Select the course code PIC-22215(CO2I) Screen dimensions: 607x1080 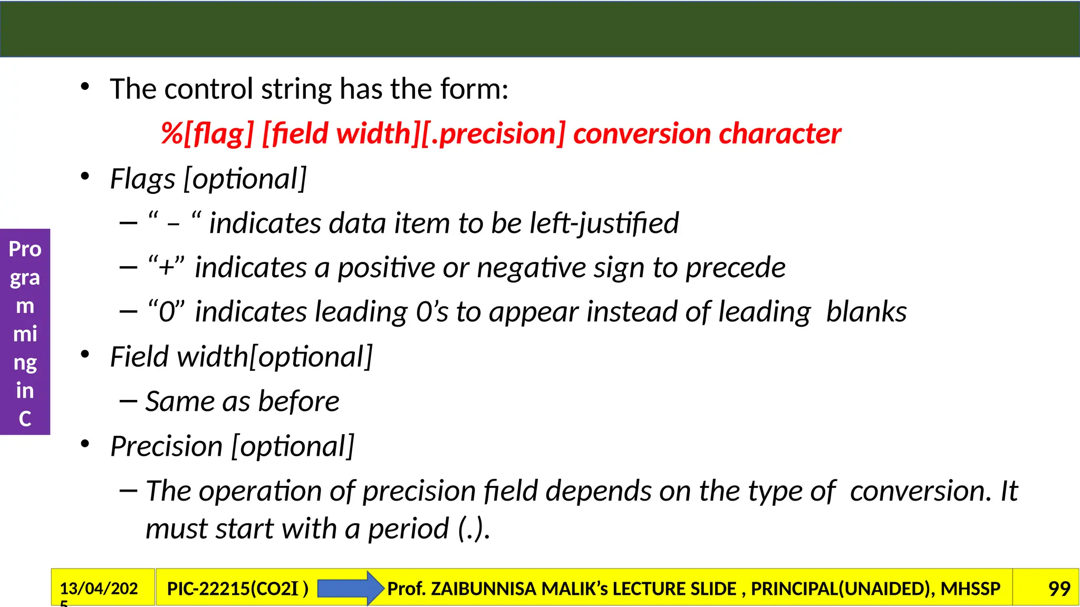coord(237,589)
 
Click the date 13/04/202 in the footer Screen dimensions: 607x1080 coord(99,589)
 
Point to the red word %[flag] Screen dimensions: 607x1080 coord(207,134)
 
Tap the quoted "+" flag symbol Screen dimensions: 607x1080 coord(166,267)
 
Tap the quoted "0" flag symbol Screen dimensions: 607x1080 coord(166,312)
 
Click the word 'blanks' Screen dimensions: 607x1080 coord(866,312)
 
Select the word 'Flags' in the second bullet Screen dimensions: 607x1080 coord(142,179)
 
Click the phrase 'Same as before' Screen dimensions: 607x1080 coord(242,402)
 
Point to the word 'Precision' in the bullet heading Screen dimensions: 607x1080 coord(166,447)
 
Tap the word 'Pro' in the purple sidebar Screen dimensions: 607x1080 coord(25,249)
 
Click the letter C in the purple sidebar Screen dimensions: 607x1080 coord(25,419)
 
